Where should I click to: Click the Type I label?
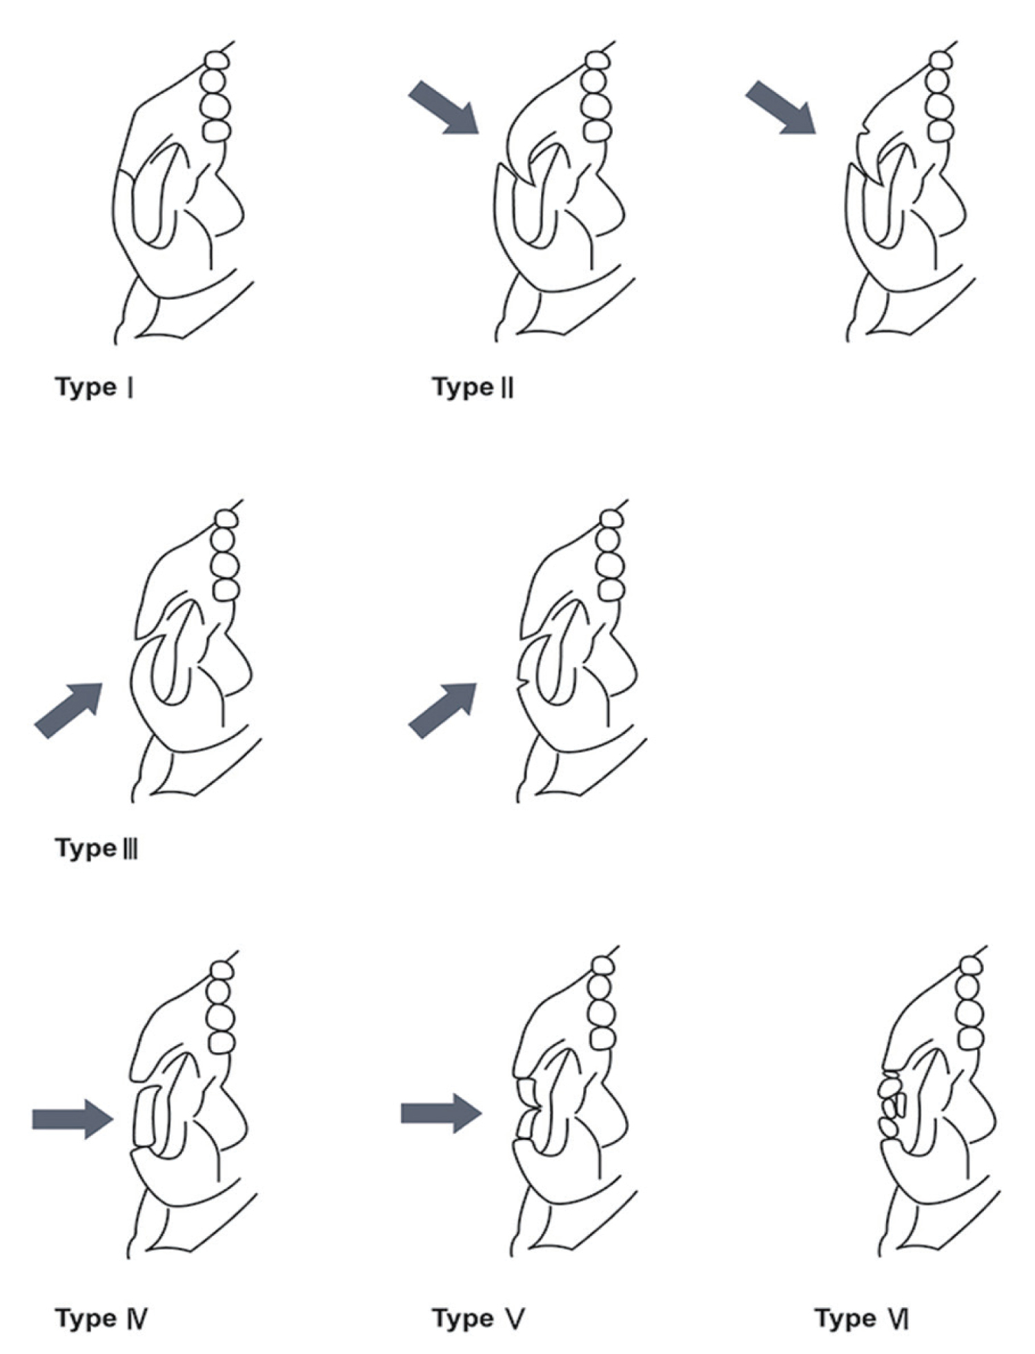pyautogui.click(x=94, y=387)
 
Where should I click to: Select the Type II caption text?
pyautogui.click(x=473, y=387)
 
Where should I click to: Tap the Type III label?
pyautogui.click(x=97, y=848)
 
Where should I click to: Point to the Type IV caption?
pyautogui.click(x=101, y=1318)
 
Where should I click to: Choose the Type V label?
pyautogui.click(x=478, y=1318)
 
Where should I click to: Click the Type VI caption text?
pyautogui.click(x=862, y=1318)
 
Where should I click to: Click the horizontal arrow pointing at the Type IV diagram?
pyautogui.click(x=72, y=1119)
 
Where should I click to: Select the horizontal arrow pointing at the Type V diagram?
pyautogui.click(x=441, y=1113)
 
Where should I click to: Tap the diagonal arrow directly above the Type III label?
pyautogui.click(x=69, y=710)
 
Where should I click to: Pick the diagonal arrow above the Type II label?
pyautogui.click(x=444, y=107)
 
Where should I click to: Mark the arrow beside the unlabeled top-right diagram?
pyautogui.click(x=780, y=107)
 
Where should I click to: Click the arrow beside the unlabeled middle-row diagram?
pyautogui.click(x=443, y=710)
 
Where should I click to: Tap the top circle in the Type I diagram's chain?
pyautogui.click(x=216, y=60)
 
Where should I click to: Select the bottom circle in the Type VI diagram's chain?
pyautogui.click(x=971, y=1038)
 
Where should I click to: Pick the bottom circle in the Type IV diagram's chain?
pyautogui.click(x=222, y=1042)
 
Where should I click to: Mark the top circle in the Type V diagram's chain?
pyautogui.click(x=602, y=965)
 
